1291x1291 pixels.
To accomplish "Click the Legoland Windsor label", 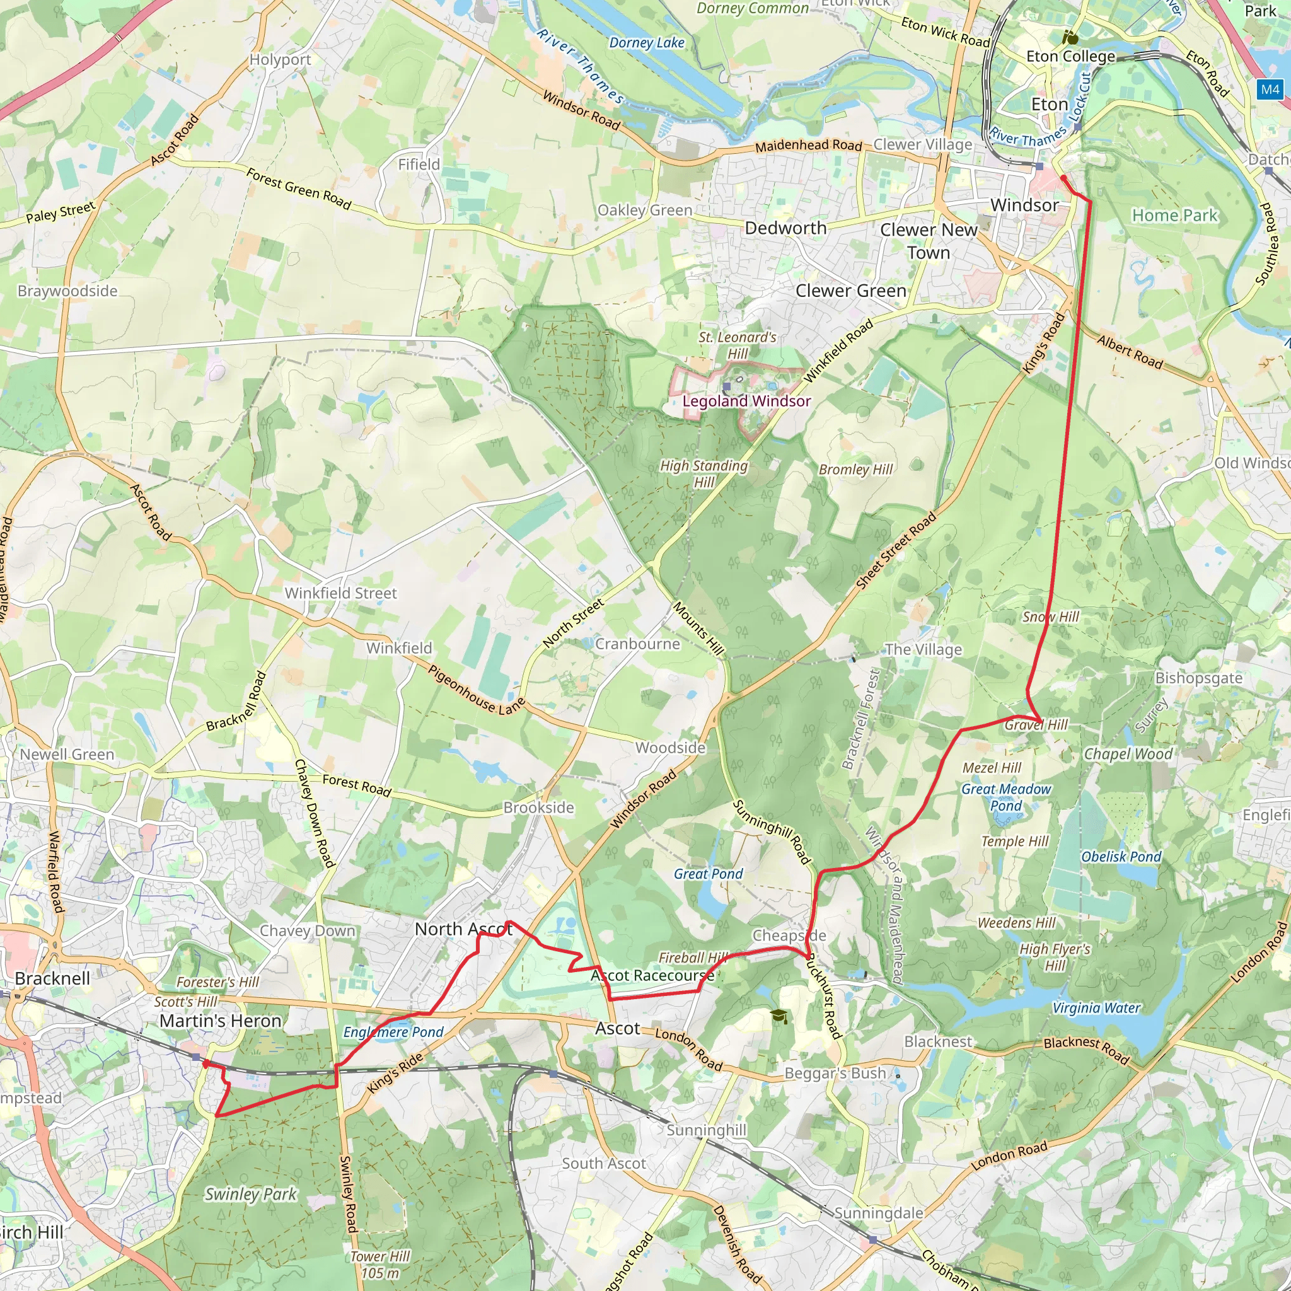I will point(746,401).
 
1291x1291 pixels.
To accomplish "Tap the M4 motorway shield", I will point(1270,90).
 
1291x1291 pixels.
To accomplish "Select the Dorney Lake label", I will point(647,43).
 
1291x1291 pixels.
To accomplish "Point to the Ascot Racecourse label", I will point(652,976).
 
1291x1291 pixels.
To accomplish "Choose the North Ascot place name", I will point(464,929).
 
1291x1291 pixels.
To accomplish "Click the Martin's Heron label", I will point(221,1021).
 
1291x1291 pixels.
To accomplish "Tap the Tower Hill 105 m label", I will point(380,1265).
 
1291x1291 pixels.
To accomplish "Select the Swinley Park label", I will point(251,1194).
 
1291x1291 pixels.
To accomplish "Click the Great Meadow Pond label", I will point(1005,797).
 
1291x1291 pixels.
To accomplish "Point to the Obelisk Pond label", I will point(1121,857).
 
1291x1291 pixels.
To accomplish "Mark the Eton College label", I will point(1070,56).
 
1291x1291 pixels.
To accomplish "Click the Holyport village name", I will point(280,59).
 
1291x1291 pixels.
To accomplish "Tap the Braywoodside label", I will point(67,291).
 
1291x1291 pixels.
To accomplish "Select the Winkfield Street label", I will point(341,593).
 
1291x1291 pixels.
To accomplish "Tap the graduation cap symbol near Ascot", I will point(779,1016).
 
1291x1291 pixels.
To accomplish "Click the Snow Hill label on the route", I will point(1050,617).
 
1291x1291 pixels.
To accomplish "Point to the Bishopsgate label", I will point(1199,678).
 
